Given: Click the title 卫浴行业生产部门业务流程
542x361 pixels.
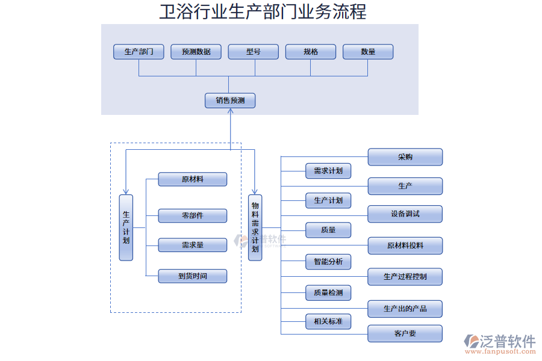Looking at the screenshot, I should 263,11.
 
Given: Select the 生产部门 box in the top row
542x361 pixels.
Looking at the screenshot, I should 139,52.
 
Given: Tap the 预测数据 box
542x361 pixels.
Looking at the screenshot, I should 196,52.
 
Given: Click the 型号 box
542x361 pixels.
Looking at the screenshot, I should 253,52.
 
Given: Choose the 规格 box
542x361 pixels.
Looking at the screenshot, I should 311,52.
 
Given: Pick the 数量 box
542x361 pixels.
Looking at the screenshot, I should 368,52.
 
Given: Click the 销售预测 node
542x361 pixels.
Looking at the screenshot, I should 230,100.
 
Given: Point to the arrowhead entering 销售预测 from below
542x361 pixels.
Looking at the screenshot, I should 230,112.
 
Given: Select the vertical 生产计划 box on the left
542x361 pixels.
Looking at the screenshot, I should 126,227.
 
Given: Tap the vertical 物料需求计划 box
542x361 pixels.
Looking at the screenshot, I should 255,227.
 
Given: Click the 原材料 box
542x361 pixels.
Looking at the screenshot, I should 193,179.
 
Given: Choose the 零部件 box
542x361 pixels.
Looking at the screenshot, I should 193,215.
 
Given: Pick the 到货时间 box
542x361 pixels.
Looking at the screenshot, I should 193,276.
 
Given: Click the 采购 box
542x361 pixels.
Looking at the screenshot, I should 405,157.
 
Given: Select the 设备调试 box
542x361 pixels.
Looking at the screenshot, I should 405,214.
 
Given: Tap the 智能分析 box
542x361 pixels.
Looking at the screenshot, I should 328,262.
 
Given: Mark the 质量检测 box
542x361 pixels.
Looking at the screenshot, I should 328,293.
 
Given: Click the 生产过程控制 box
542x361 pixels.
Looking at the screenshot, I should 405,277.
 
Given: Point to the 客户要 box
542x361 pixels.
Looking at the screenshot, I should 405,333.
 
